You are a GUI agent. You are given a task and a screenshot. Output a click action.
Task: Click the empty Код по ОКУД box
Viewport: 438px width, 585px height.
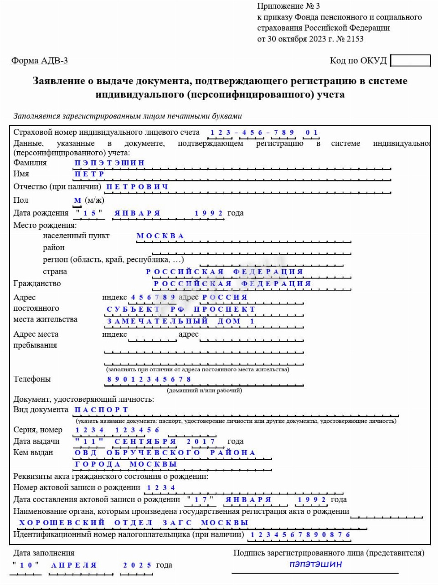pyautogui.click(x=410, y=61)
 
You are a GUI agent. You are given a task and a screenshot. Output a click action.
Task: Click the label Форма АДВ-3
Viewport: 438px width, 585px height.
pyautogui.click(x=40, y=61)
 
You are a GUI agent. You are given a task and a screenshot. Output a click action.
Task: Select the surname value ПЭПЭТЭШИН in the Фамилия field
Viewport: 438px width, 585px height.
pyautogui.click(x=109, y=163)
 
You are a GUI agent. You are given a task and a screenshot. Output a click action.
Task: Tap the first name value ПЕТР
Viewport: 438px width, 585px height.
pyautogui.click(x=89, y=174)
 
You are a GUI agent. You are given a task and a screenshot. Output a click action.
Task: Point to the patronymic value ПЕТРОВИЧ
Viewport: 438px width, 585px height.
pyautogui.click(x=137, y=187)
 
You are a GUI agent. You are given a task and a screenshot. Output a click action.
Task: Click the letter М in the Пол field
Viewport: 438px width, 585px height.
pyautogui.click(x=77, y=200)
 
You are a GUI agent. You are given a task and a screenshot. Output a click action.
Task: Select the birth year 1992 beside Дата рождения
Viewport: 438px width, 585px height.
pyautogui.click(x=209, y=213)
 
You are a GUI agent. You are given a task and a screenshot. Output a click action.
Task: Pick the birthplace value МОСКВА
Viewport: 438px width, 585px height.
pyautogui.click(x=160, y=236)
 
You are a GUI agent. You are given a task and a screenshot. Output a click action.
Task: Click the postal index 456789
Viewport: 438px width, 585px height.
pyautogui.click(x=153, y=298)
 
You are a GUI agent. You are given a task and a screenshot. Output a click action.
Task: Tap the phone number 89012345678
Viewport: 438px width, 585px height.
pyautogui.click(x=149, y=380)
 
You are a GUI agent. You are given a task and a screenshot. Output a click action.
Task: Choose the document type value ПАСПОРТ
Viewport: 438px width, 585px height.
pyautogui.click(x=101, y=410)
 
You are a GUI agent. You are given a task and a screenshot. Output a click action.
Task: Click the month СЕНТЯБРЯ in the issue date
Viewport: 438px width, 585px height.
pyautogui.click(x=145, y=441)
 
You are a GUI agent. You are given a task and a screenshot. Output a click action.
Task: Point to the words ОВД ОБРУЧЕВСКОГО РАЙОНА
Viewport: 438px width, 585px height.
pyautogui.click(x=165, y=453)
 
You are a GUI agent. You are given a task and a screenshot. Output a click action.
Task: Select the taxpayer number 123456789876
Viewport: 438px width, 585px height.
pyautogui.click(x=300, y=535)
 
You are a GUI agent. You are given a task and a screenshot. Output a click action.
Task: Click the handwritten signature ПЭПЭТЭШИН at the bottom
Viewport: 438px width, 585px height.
pyautogui.click(x=315, y=564)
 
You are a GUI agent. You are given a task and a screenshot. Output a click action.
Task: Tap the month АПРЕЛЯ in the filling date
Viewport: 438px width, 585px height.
pyautogui.click(x=74, y=565)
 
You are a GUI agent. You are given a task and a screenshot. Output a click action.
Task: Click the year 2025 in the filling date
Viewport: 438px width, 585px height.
pyautogui.click(x=137, y=565)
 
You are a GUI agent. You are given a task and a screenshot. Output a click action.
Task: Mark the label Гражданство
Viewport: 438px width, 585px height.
pyautogui.click(x=37, y=284)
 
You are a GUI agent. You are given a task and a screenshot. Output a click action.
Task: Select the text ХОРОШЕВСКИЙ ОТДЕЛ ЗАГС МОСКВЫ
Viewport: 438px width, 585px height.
pyautogui.click(x=134, y=523)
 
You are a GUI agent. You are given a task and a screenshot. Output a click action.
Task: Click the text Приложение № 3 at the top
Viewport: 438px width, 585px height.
pyautogui.click(x=289, y=6)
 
